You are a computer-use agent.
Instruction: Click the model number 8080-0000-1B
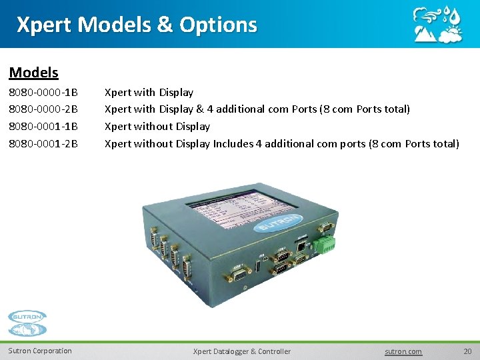point(43,92)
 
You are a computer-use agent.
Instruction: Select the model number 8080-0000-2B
point(43,109)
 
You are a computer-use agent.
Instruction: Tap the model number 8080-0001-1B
point(43,126)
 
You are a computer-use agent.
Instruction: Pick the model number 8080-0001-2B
point(43,143)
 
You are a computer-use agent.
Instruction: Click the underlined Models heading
point(34,72)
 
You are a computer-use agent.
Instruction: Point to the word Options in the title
point(217,25)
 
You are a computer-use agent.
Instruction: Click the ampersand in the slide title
point(163,25)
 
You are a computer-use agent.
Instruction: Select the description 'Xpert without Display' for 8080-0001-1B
point(157,126)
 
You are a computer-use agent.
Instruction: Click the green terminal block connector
point(327,244)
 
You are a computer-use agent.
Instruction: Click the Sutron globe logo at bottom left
point(27,323)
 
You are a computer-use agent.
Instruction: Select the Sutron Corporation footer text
point(40,351)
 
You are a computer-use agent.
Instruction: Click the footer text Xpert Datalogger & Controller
point(241,351)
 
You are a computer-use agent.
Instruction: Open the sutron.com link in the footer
point(404,351)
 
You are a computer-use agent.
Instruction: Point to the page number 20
point(467,351)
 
